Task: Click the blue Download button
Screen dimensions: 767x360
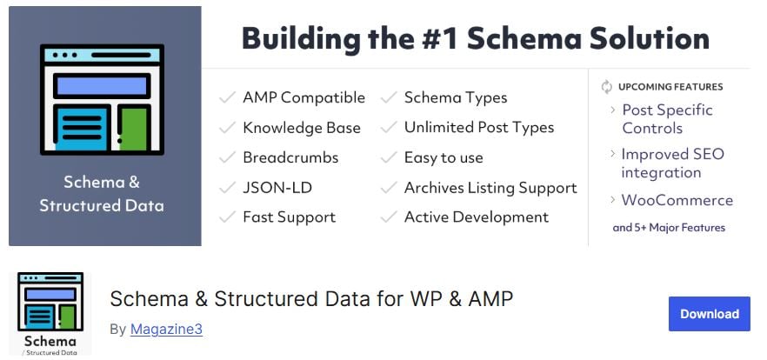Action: (x=709, y=314)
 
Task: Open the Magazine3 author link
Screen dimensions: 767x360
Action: (x=166, y=330)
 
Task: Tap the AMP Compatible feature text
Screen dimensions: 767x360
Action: (x=303, y=97)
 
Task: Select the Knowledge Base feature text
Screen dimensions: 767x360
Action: (x=302, y=128)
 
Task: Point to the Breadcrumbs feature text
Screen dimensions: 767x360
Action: (x=290, y=157)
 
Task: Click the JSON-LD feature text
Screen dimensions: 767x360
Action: (x=277, y=187)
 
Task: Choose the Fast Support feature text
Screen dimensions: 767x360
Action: (x=289, y=217)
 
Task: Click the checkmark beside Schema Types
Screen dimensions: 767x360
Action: (x=389, y=97)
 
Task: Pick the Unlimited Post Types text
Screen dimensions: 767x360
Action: (x=479, y=128)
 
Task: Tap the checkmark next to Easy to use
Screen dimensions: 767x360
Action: (x=389, y=157)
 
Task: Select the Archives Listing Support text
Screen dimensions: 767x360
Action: (x=490, y=188)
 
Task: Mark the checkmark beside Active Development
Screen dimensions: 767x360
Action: (x=389, y=217)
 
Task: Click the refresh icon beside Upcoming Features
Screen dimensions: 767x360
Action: (x=607, y=87)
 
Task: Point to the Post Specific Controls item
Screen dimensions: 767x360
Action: (x=667, y=119)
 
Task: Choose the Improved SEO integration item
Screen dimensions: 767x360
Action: (x=672, y=163)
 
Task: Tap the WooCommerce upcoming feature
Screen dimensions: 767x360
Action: (x=677, y=200)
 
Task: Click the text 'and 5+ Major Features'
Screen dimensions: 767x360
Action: (x=669, y=228)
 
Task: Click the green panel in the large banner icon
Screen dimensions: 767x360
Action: (x=134, y=129)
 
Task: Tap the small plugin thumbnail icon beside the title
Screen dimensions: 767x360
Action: (x=50, y=313)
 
